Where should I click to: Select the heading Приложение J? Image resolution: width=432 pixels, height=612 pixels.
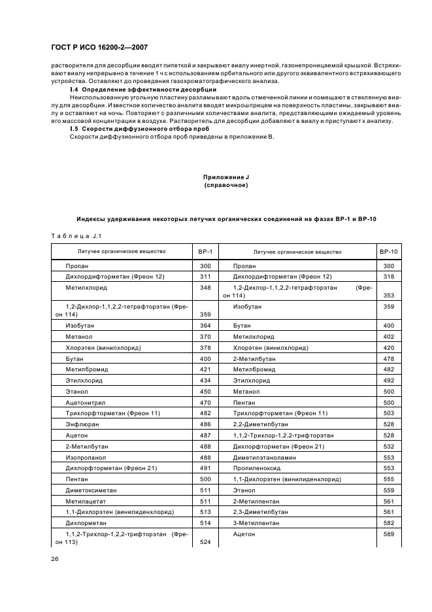225,177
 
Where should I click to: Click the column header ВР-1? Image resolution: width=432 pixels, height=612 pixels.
205,252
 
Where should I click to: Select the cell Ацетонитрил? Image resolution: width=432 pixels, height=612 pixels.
84,402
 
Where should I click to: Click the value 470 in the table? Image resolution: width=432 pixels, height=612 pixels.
205,402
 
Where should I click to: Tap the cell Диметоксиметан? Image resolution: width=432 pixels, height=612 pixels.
88,491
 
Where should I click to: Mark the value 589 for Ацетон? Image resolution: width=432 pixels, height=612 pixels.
389,535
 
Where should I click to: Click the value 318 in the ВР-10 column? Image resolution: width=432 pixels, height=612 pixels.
389,277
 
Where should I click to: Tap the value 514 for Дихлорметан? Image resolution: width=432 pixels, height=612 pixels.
205,524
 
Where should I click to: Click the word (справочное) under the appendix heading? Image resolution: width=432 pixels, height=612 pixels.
225,186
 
